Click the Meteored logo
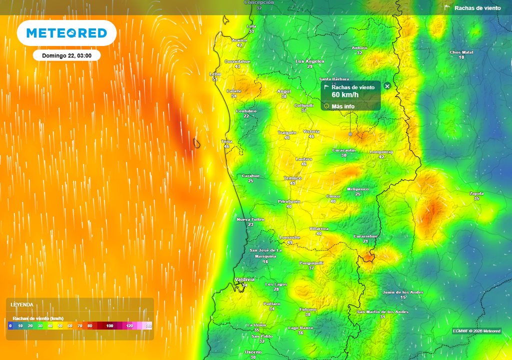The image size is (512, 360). point(66,33)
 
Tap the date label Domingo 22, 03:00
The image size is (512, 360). point(66,55)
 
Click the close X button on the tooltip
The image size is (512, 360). point(387,86)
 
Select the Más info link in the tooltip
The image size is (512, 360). point(343,106)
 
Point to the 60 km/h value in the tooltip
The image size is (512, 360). point(342,95)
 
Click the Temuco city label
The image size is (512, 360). point(292,178)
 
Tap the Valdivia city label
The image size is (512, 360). point(244,279)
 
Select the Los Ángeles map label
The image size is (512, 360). point(310,61)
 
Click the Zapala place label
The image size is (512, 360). point(476,193)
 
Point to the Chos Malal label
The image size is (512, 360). point(461,52)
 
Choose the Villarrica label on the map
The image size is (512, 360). point(319,228)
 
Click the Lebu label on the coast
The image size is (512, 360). point(214,74)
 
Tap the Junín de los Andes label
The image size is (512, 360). point(403,292)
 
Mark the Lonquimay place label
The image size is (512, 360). point(381,151)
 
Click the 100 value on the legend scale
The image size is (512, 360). point(109,326)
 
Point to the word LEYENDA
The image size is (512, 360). point(22,304)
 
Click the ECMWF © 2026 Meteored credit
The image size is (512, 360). point(476,331)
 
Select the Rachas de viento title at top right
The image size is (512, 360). point(477,8)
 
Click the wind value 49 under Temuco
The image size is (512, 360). point(292,183)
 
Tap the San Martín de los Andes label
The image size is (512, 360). point(382,311)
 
